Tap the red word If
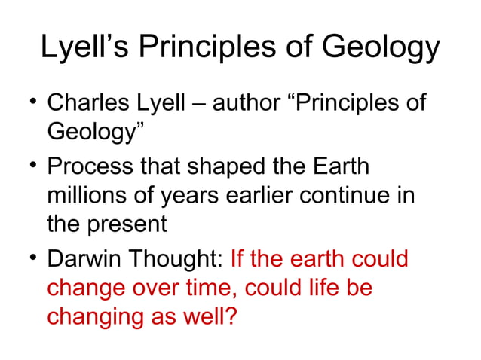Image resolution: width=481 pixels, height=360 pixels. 237,260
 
